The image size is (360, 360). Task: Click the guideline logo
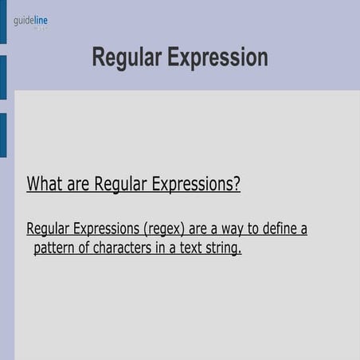click(30, 21)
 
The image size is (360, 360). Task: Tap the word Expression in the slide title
click(217, 58)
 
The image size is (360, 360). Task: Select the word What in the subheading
click(45, 184)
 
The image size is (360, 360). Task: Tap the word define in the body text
click(271, 229)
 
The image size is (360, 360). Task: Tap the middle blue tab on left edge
click(3, 77)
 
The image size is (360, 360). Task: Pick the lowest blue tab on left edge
click(3, 135)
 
